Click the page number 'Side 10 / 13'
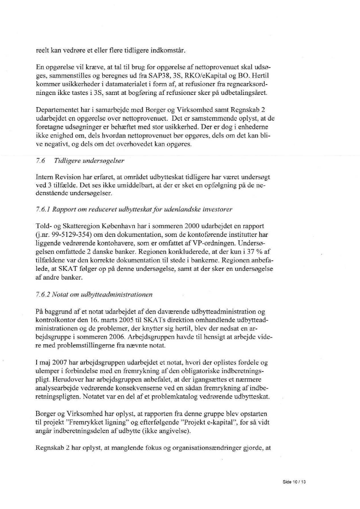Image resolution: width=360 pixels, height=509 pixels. coord(294,482)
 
